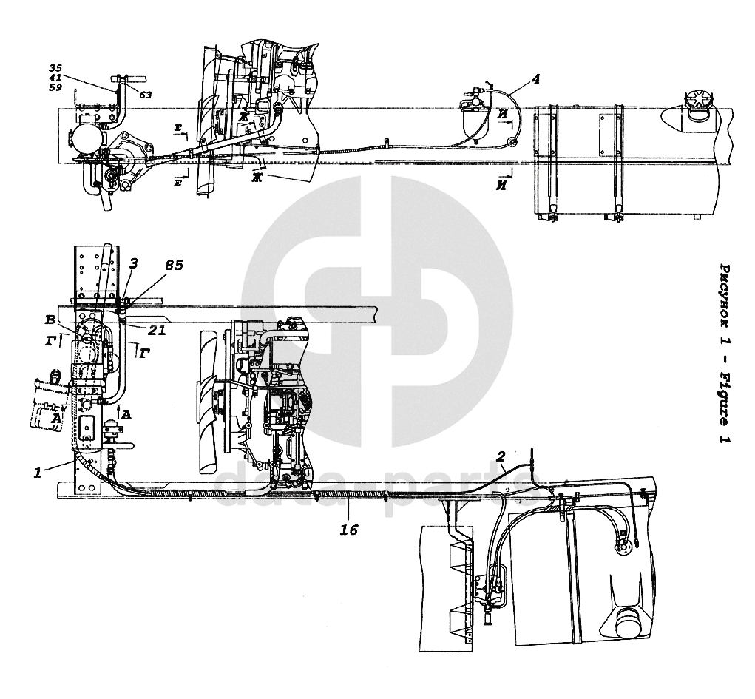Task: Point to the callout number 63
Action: [x=144, y=95]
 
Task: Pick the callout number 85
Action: [x=174, y=264]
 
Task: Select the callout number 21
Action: [x=156, y=331]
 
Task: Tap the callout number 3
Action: [x=134, y=263]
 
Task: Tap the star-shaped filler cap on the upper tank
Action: [x=697, y=103]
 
